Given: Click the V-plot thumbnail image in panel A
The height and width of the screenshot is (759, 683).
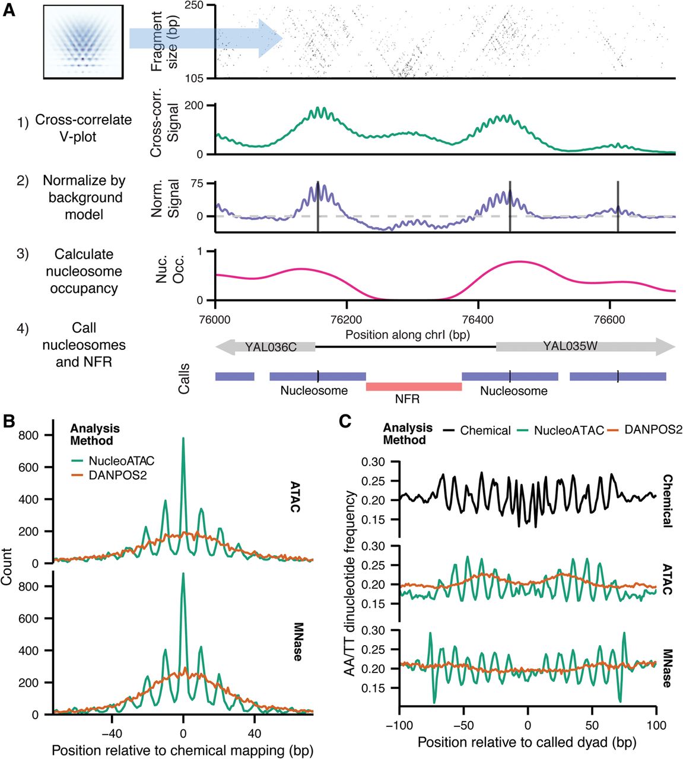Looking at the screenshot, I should (83, 42).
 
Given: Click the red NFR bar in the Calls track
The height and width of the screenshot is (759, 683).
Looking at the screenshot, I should (414, 387).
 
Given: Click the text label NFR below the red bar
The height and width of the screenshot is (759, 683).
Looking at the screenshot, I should (407, 399).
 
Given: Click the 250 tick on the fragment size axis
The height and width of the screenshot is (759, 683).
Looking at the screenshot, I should (194, 6).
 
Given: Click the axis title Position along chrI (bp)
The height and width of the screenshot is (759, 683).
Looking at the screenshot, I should (407, 334).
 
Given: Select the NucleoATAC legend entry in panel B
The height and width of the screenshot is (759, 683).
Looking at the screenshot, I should (121, 461).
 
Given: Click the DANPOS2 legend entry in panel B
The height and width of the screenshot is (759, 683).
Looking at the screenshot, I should (117, 476).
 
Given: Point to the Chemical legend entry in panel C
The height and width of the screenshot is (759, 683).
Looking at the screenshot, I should (485, 430).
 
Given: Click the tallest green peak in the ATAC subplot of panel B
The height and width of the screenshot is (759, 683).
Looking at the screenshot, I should (183, 440).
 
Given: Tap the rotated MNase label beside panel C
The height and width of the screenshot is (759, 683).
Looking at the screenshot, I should (667, 664).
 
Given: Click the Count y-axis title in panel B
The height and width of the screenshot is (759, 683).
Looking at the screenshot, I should (7, 566).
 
